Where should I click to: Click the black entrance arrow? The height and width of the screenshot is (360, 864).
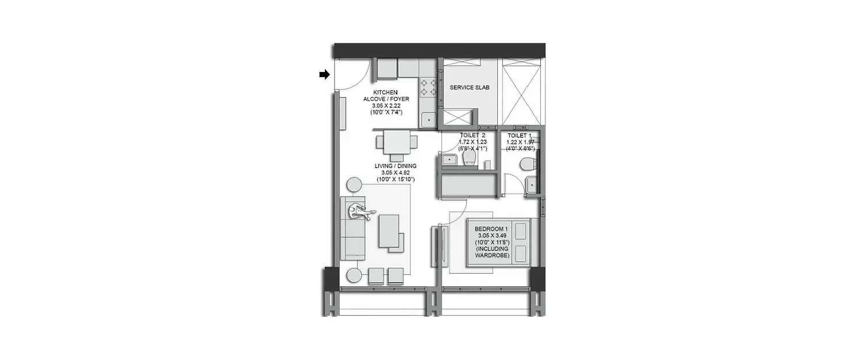point(325,74)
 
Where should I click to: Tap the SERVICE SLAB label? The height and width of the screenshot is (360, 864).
point(469,88)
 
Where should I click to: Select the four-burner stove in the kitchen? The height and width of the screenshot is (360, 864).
point(428,87)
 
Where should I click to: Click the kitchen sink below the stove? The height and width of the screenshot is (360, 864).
point(428,120)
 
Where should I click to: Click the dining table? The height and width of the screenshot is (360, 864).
point(396,143)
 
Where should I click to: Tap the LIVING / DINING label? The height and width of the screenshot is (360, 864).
point(396,166)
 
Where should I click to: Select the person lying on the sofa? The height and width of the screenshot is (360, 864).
point(359,211)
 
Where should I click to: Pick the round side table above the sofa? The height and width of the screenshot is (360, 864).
point(354,185)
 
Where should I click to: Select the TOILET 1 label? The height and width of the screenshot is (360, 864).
point(521,135)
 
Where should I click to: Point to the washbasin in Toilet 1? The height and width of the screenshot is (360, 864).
point(531,185)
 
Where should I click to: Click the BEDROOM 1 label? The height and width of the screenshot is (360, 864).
point(491,229)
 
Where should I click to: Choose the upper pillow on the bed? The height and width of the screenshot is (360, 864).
point(522,232)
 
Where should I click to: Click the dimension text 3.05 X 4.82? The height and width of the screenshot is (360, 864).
point(396,173)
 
